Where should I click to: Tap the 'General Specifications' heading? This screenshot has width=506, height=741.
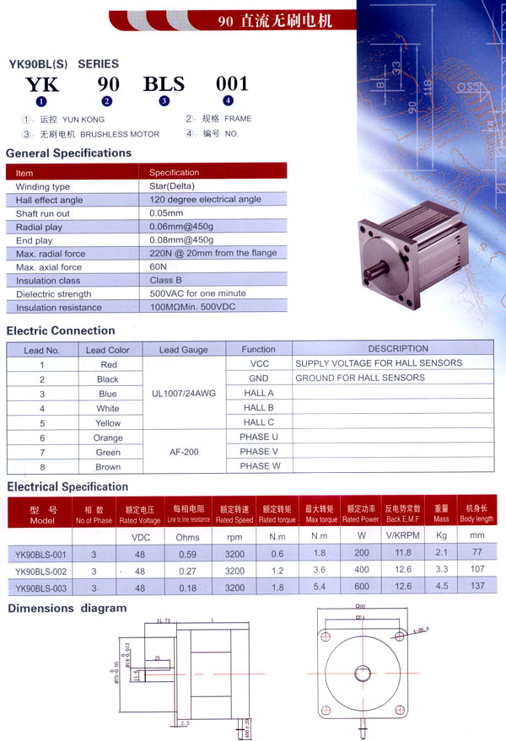pyautogui.click(x=69, y=153)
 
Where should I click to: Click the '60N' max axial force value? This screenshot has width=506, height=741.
pyautogui.click(x=159, y=266)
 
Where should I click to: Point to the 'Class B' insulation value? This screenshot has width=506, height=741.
pyautogui.click(x=166, y=280)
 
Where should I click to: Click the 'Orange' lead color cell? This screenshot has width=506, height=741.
pyautogui.click(x=108, y=438)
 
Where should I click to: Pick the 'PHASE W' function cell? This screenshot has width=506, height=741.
pyautogui.click(x=259, y=466)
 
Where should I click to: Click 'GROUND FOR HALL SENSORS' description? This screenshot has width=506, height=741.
pyautogui.click(x=360, y=379)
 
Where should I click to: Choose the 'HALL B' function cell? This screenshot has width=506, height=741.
pyautogui.click(x=259, y=408)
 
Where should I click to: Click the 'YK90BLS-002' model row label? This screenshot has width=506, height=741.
pyautogui.click(x=40, y=571)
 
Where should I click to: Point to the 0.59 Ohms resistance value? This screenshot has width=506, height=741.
pyautogui.click(x=187, y=554)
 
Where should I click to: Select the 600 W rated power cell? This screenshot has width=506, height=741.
pyautogui.click(x=361, y=587)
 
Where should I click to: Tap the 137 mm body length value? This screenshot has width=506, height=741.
pyautogui.click(x=478, y=587)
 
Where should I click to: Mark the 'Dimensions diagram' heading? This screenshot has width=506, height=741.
pyautogui.click(x=67, y=608)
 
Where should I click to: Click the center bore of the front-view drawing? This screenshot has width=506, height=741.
pyautogui.click(x=362, y=673)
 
